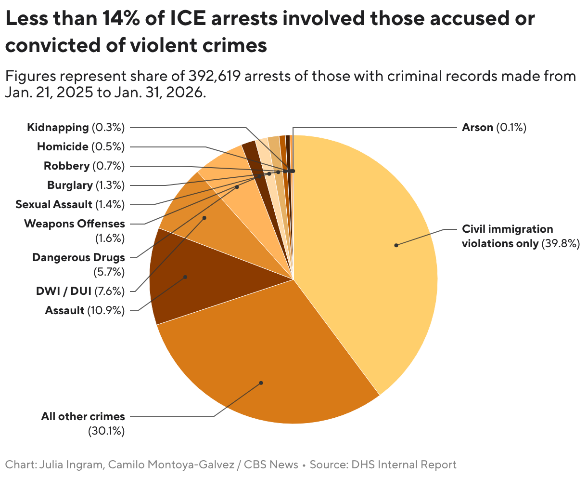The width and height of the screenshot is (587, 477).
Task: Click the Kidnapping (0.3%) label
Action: click(76, 128)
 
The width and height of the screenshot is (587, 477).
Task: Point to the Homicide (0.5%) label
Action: click(80, 146)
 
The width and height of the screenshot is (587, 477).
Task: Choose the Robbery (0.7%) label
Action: click(84, 166)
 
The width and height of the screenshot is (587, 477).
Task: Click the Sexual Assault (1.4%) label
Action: click(70, 204)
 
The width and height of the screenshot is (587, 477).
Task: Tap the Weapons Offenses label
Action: click(74, 224)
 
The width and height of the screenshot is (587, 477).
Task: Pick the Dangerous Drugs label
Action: click(78, 257)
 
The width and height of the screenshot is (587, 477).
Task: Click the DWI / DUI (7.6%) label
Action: click(80, 291)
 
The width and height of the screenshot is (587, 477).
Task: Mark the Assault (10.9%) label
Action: click(85, 310)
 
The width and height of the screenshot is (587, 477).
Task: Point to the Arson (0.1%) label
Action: click(494, 128)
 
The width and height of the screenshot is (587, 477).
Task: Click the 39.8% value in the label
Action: click(561, 243)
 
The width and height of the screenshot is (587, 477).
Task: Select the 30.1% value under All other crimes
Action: click(106, 431)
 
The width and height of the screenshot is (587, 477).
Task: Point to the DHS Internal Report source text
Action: click(404, 465)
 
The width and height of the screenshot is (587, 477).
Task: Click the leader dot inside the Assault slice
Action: click(185, 277)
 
